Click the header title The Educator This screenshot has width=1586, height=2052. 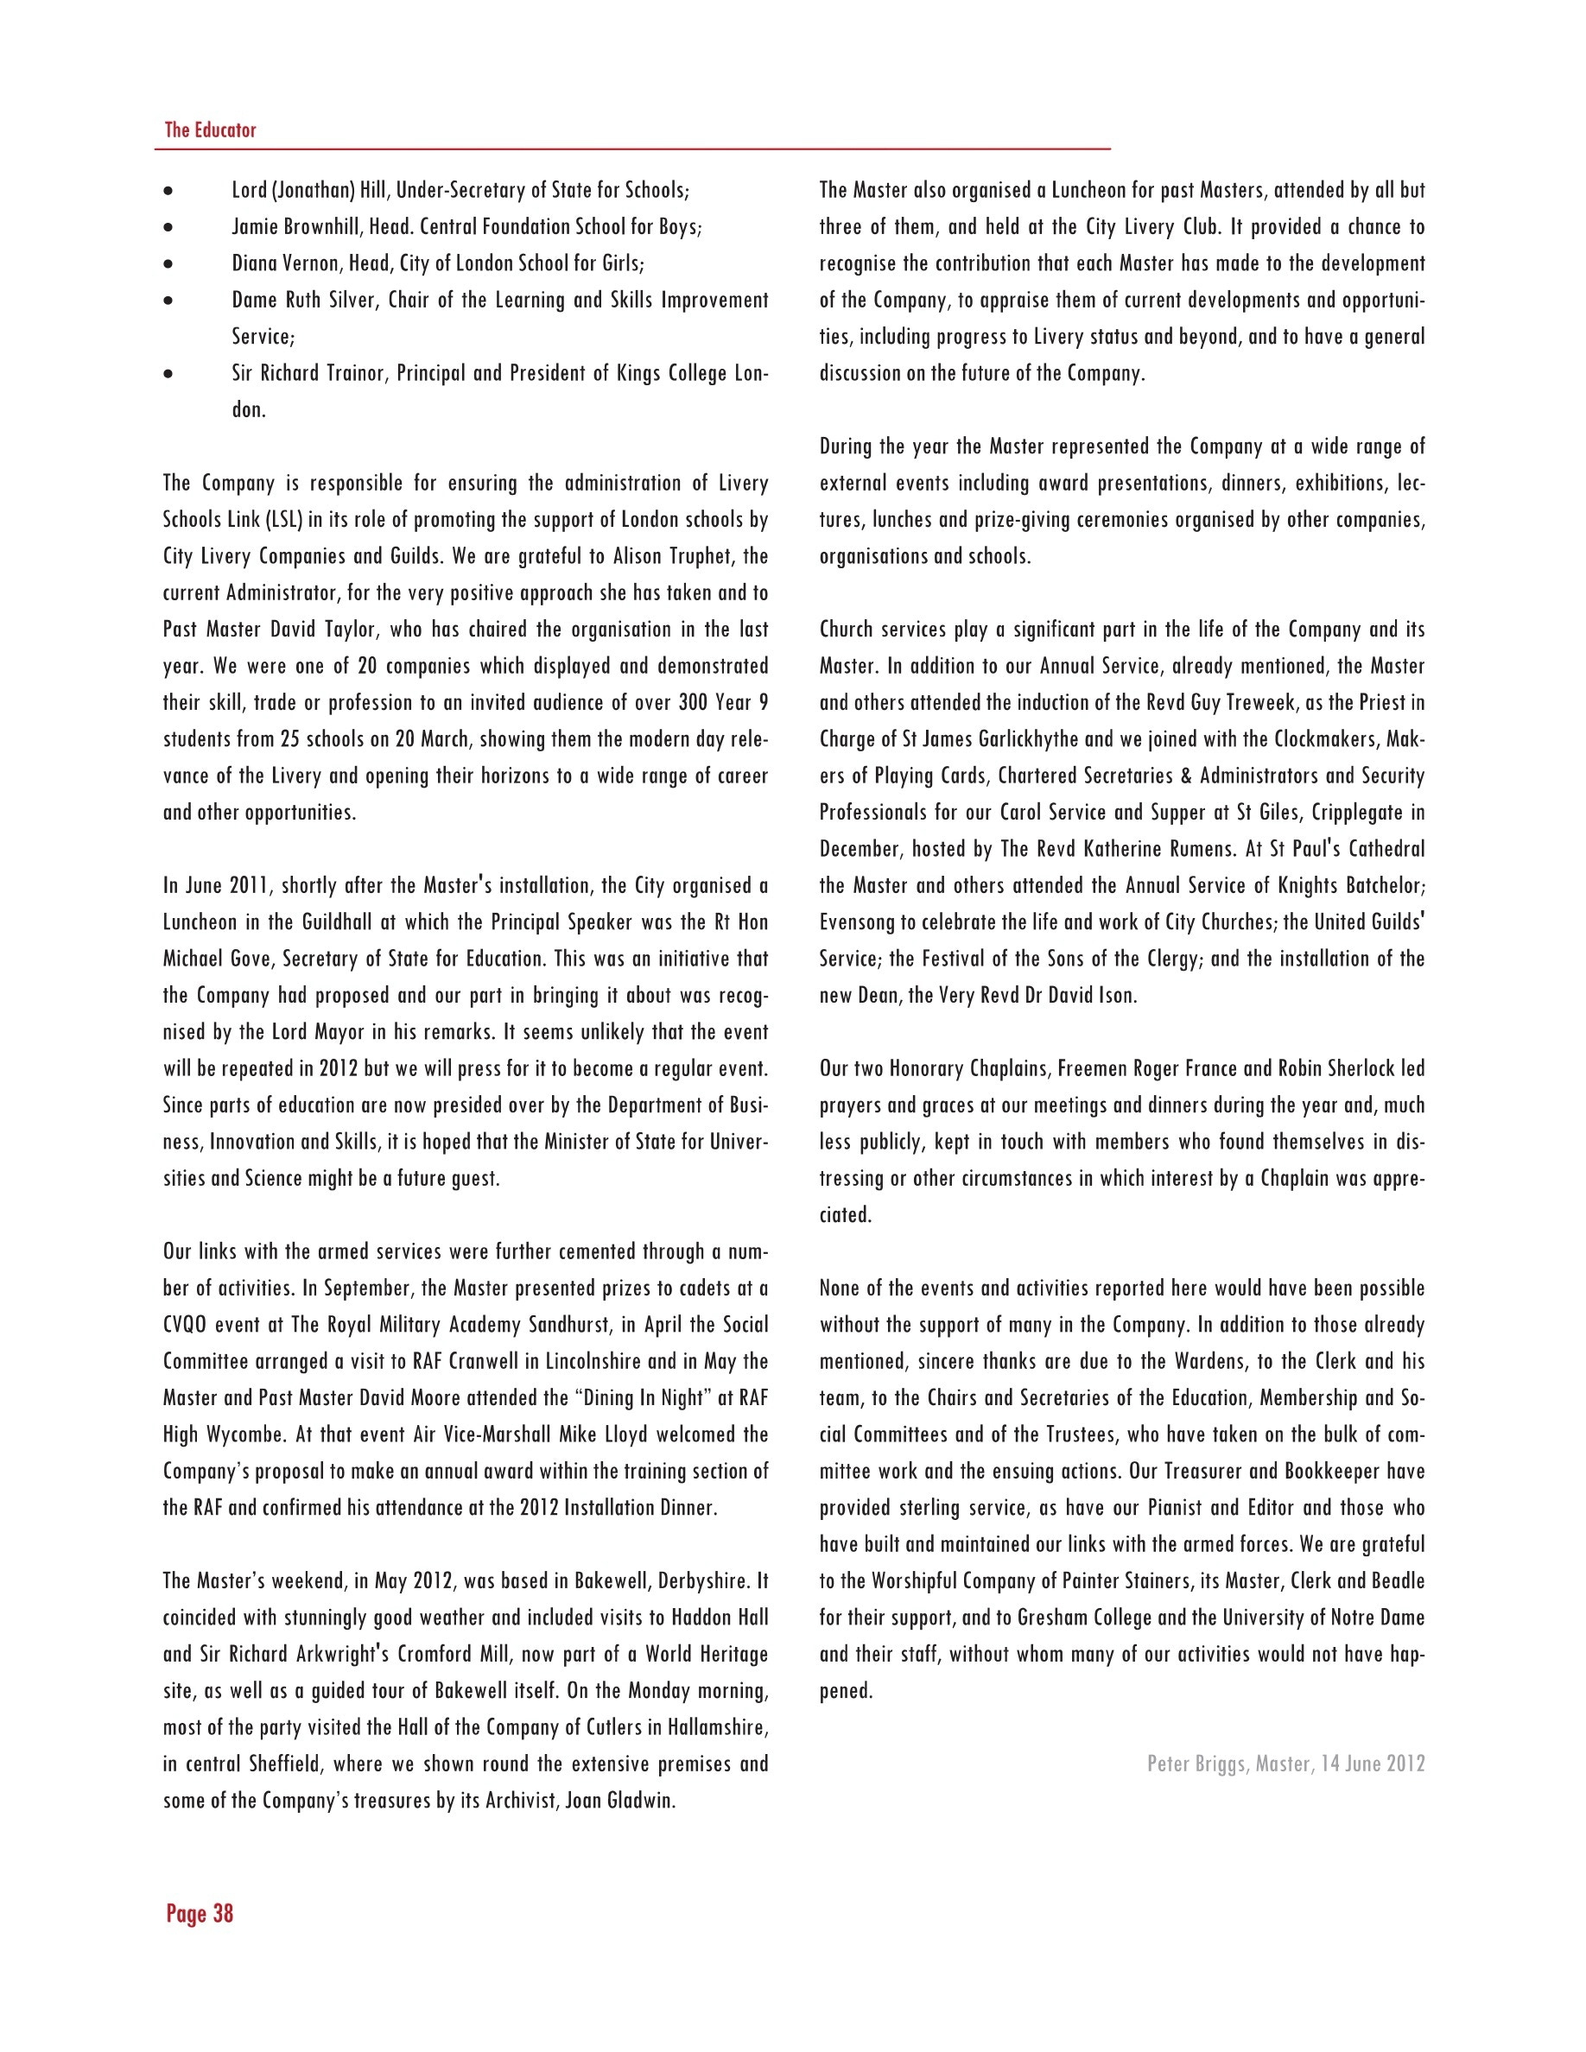[x=210, y=130]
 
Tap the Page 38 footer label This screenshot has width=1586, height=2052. [x=200, y=1913]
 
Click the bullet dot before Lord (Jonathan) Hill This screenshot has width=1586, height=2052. [x=168, y=191]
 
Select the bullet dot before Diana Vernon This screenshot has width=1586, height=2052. [x=168, y=264]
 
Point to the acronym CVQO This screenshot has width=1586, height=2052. [x=185, y=1325]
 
